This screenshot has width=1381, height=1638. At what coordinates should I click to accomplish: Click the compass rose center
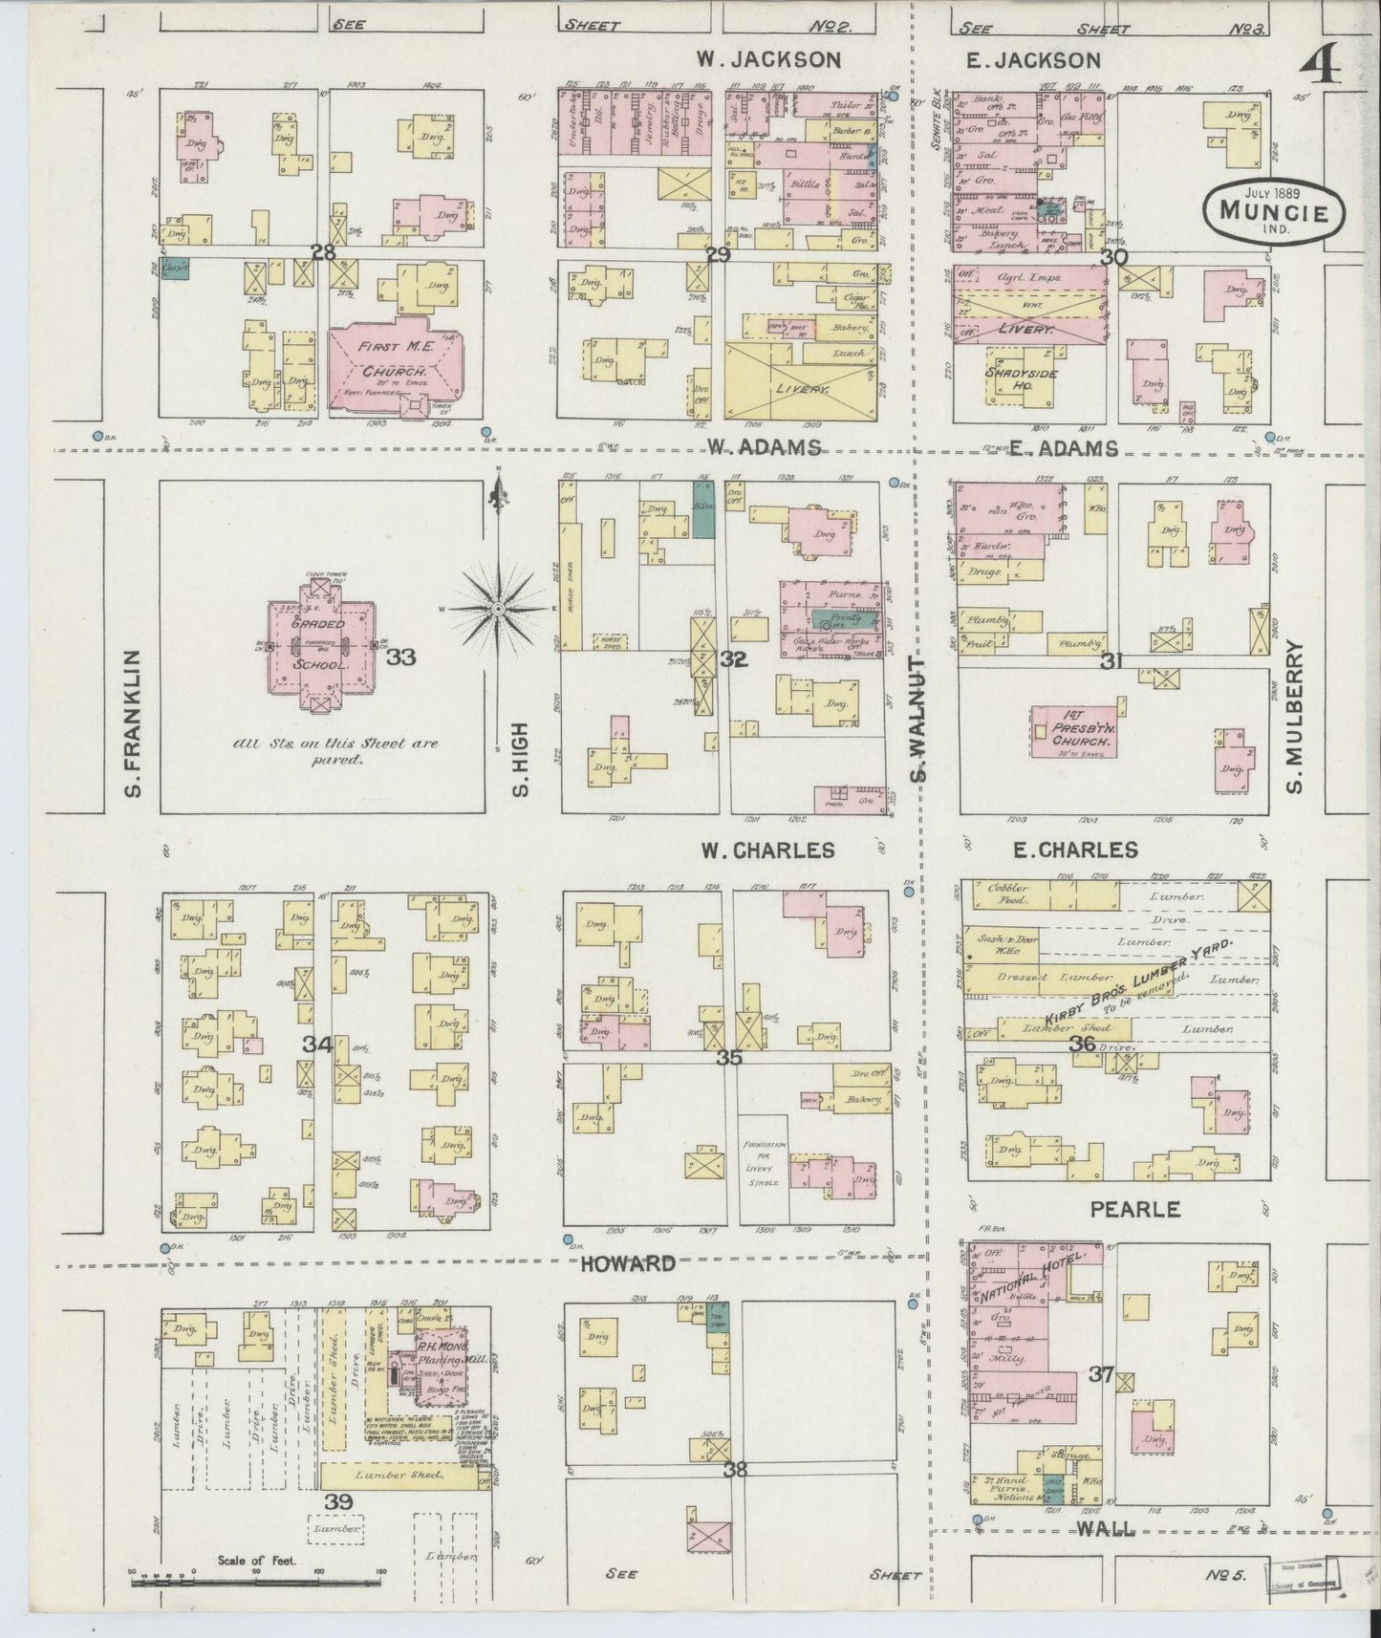[x=499, y=608]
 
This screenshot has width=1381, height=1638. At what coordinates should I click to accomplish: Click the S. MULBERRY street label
[x=1296, y=717]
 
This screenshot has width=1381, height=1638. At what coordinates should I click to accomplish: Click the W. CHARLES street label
[x=767, y=850]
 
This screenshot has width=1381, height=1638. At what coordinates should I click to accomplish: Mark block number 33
[x=401, y=657]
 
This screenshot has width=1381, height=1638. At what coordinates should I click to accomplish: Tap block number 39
[x=339, y=1501]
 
